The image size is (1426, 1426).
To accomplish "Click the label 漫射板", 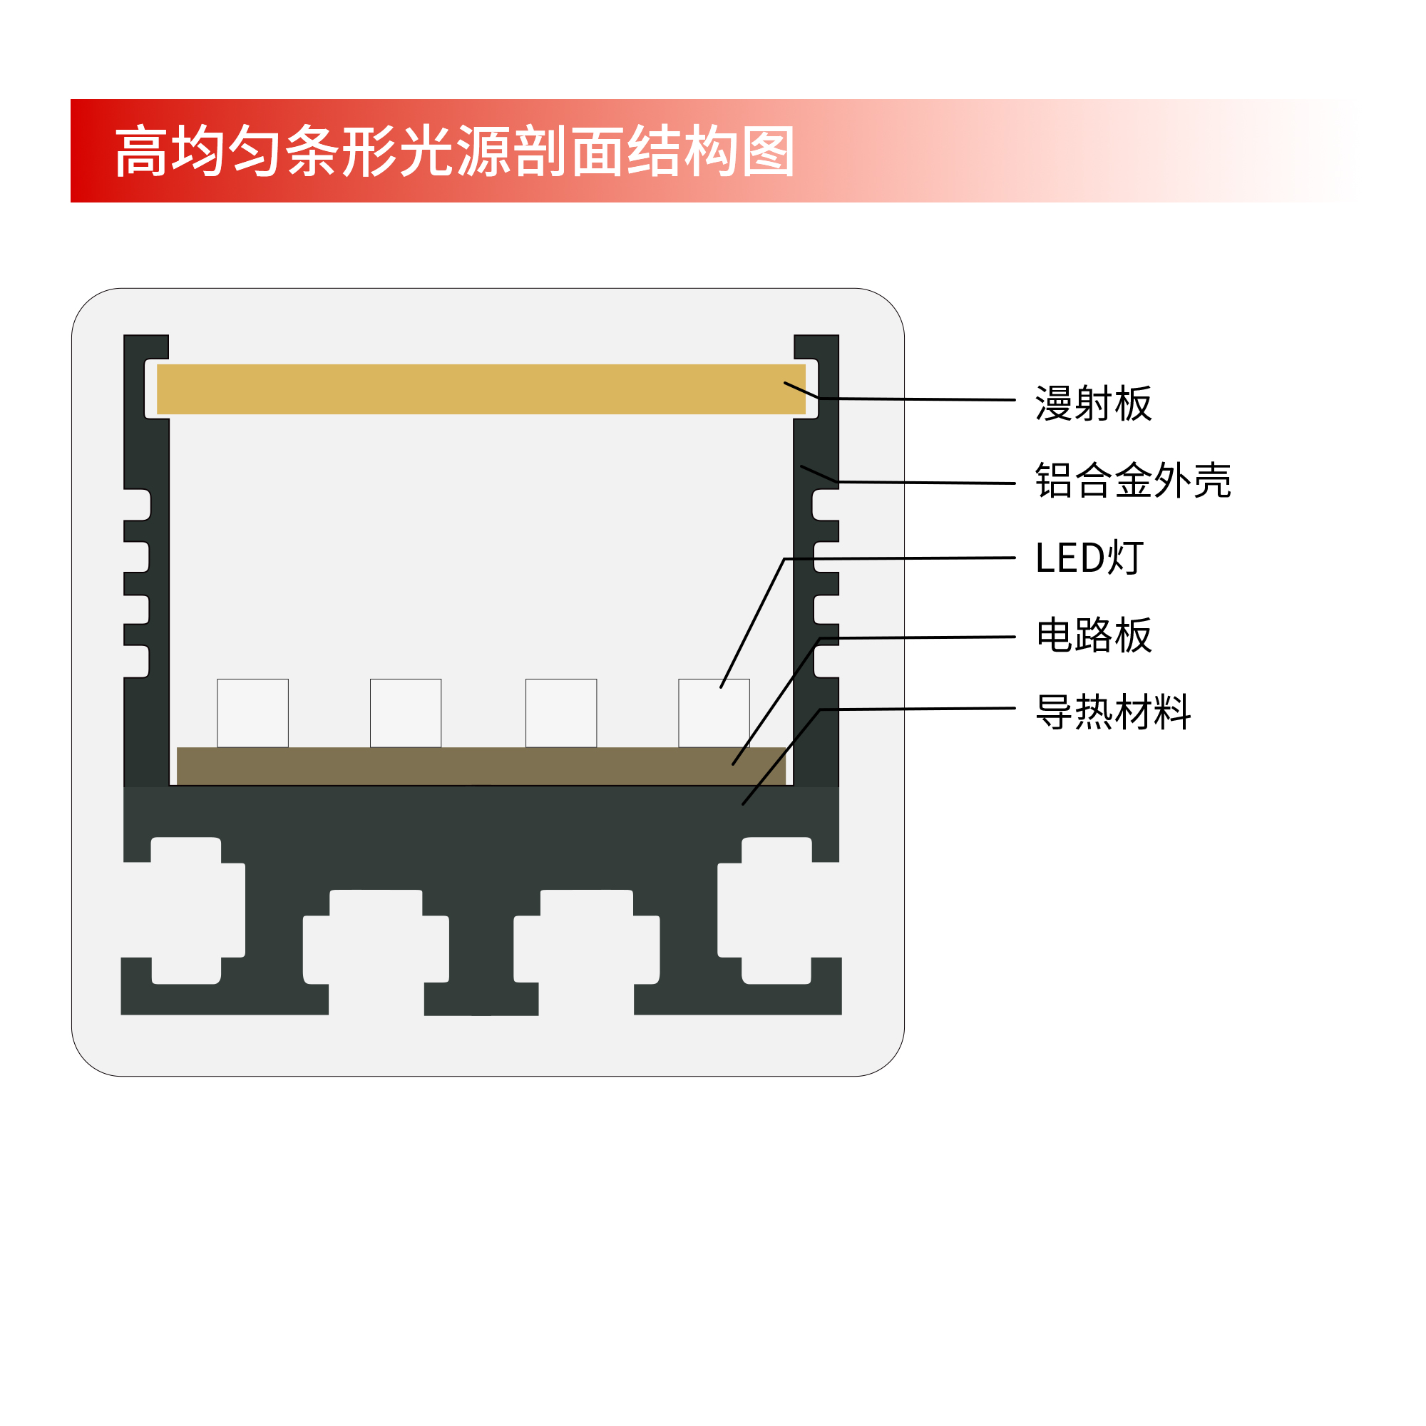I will pos(1093,404).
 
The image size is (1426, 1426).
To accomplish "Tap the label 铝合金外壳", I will pos(1133,481).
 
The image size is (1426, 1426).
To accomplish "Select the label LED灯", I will pos(1089,558).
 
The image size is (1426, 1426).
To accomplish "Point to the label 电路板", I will pos(1093,635).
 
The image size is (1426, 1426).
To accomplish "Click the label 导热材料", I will pos(1113,712).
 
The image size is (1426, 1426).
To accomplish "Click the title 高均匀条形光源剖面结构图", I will pos(454,151).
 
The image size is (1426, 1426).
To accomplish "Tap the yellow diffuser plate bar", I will pos(480,389).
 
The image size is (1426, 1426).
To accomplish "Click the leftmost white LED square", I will pos(252,713).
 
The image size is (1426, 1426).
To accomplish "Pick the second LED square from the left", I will pos(405,713).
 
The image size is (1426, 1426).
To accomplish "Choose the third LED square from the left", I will pos(561,713).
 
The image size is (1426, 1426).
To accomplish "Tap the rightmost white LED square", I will pos(714,713).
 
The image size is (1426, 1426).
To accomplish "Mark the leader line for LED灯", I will pos(901,559).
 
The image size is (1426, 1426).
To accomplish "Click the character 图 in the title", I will pos(769,151).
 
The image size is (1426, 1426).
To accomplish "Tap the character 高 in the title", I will pos(141,151).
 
